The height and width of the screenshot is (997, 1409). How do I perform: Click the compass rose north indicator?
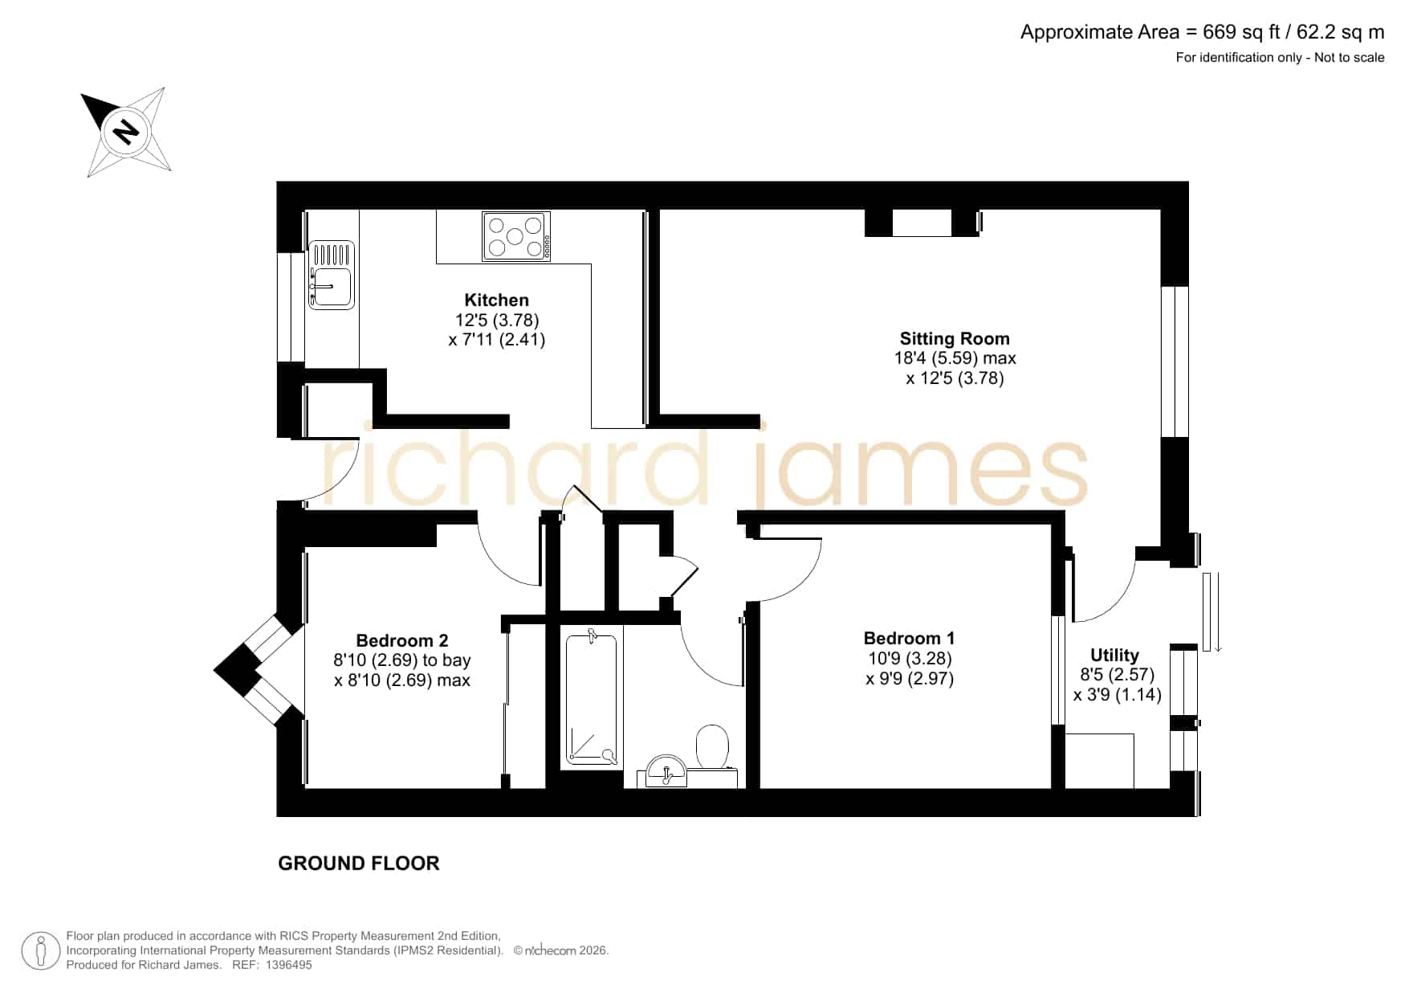pos(126,131)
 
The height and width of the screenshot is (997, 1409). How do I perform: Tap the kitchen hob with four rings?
pos(516,236)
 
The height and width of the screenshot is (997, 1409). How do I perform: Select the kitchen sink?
pos(332,276)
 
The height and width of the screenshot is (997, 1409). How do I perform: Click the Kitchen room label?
pos(497,300)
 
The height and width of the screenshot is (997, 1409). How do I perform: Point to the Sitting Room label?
pos(955,339)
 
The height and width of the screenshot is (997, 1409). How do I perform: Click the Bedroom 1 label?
pos(910,639)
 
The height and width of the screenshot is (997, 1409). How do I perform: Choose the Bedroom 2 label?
pos(402,641)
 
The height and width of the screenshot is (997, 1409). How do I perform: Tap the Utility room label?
pos(1114,656)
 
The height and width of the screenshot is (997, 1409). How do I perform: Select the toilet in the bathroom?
pos(712,746)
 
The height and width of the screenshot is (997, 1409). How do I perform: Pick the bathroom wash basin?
pos(666,771)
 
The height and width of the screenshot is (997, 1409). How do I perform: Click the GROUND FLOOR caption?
pos(359,864)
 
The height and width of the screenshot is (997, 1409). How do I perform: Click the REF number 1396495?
pos(288,965)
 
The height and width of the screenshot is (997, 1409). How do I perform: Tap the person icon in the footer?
pos(40,951)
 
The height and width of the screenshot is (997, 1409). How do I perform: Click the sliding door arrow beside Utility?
pos(1218,612)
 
